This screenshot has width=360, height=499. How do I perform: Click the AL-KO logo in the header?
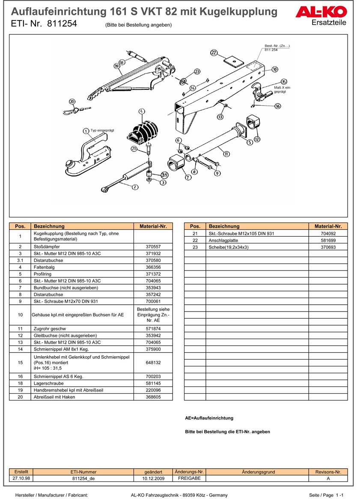(x=321, y=13)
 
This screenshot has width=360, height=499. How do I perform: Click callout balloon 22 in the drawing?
(x=214, y=53)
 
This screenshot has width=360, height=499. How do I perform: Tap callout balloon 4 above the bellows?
(x=142, y=112)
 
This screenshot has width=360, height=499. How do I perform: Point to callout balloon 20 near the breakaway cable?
(x=72, y=102)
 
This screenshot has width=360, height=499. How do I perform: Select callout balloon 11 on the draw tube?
(x=226, y=154)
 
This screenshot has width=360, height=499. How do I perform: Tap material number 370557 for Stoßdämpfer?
(x=153, y=247)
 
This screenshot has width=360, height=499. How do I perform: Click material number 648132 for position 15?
(x=153, y=362)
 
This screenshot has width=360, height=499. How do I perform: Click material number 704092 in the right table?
(x=328, y=234)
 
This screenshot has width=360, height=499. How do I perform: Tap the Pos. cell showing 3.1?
(x=20, y=260)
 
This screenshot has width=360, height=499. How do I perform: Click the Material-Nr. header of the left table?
(x=153, y=226)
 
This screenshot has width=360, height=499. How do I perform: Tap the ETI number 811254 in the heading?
(x=62, y=24)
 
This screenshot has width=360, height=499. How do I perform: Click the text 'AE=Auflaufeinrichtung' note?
(x=209, y=418)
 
